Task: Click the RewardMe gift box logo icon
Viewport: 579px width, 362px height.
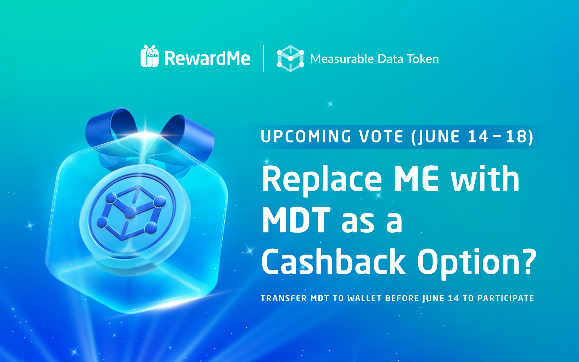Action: click(150, 56)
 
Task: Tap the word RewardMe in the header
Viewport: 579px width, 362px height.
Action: click(207, 58)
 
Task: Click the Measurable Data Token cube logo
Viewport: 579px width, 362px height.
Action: click(290, 59)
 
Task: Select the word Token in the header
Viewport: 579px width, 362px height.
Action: click(423, 59)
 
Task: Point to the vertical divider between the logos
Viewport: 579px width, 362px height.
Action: click(264, 59)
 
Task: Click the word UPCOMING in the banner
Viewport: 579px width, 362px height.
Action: click(306, 136)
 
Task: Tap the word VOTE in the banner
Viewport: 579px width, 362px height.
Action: click(381, 136)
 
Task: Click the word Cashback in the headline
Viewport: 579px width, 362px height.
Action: click(334, 262)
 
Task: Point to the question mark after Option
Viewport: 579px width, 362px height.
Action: click(529, 262)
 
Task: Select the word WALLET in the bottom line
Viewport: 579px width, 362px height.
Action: click(365, 298)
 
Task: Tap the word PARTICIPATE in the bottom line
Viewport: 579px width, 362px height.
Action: click(506, 298)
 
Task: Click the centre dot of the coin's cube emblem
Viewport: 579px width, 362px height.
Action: click(130, 212)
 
